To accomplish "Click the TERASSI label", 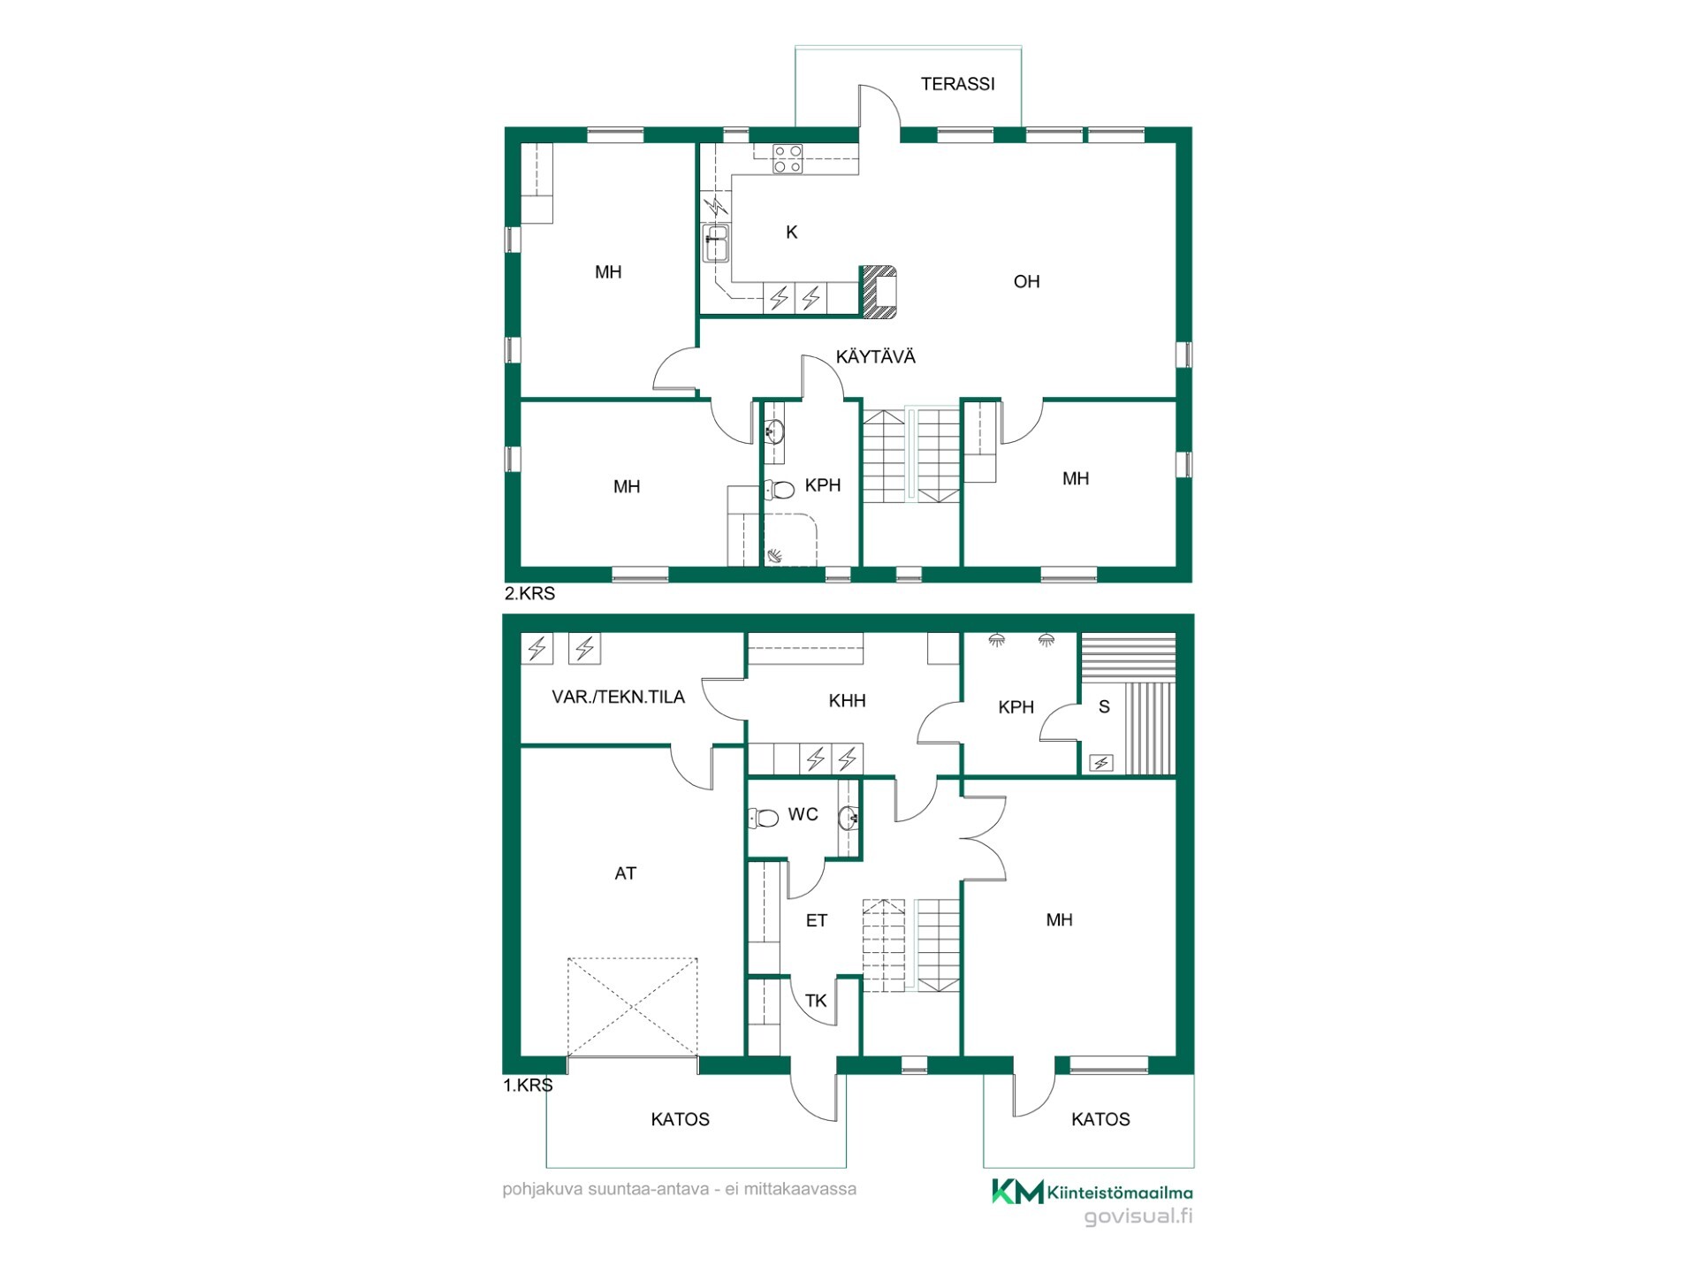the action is click(x=957, y=84).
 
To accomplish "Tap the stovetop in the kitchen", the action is click(x=788, y=159).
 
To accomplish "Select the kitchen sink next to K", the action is click(x=716, y=243).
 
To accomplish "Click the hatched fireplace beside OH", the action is click(x=879, y=291).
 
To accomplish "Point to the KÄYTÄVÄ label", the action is click(x=876, y=357).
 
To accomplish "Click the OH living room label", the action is click(x=1026, y=282).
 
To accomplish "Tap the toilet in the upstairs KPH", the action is click(x=780, y=489).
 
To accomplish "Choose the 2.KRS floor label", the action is click(x=529, y=594).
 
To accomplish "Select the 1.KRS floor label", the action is click(x=529, y=1086).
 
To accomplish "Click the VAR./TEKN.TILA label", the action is click(x=618, y=697).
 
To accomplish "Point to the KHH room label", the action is click(x=847, y=701).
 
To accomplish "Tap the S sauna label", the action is click(x=1104, y=707).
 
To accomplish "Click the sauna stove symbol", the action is click(x=1101, y=763).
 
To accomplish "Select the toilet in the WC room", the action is click(x=764, y=818).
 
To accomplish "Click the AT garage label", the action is click(x=625, y=873).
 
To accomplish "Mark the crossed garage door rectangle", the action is click(x=632, y=1007).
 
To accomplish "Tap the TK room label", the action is click(x=815, y=1001).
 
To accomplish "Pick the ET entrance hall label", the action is click(x=816, y=921).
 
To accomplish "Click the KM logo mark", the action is click(x=1017, y=1192).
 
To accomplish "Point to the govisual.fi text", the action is click(x=1138, y=1216).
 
